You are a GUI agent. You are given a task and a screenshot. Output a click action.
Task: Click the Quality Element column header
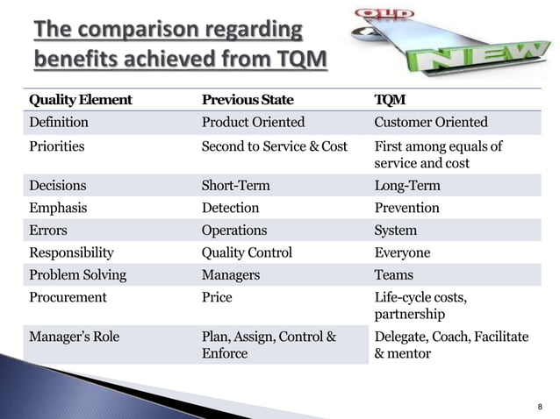coord(80,99)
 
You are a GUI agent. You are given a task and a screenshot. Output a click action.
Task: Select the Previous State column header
coord(248,99)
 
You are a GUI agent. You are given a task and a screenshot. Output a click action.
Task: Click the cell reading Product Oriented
coord(253,122)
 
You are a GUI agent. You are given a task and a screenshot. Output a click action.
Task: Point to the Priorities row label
coord(57,146)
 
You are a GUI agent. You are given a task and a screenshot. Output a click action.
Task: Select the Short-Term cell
coord(235,186)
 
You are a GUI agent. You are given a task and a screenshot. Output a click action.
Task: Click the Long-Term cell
coord(407,186)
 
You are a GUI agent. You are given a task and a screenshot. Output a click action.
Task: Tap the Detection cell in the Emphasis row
coord(230,208)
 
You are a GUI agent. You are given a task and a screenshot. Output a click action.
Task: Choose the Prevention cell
coord(406,208)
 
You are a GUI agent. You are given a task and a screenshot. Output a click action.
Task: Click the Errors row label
coord(49,231)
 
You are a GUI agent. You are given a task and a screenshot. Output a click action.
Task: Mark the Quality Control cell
coord(247,252)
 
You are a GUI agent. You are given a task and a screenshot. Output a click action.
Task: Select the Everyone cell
coord(402,252)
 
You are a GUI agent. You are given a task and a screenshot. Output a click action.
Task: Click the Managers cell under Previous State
coord(230,275)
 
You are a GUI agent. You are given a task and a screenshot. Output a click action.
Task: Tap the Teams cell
coord(393,275)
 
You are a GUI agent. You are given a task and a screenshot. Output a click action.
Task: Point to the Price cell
coord(217,297)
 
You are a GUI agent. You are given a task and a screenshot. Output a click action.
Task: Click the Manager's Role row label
coord(75,336)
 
